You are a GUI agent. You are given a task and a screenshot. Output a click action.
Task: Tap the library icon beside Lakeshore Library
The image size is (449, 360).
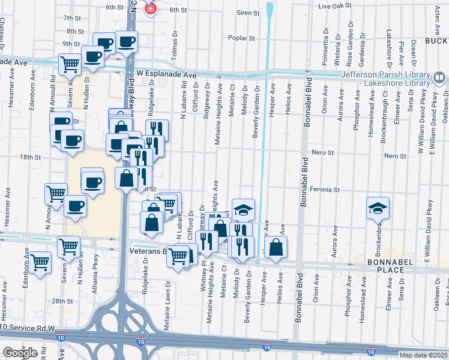(439, 77)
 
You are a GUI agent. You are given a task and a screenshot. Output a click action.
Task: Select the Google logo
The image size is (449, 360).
(20, 353)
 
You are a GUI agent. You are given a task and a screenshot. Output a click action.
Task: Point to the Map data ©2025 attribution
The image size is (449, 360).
(423, 355)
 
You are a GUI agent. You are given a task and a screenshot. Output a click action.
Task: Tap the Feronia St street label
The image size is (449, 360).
(325, 190)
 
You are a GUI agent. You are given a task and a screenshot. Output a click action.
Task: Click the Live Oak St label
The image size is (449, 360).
(334, 6)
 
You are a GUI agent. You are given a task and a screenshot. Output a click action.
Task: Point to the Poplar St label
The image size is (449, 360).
(242, 38)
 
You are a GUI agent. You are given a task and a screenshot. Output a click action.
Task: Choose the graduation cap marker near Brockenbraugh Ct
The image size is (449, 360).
(378, 208)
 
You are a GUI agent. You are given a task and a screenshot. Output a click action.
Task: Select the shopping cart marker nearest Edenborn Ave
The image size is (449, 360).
(40, 263)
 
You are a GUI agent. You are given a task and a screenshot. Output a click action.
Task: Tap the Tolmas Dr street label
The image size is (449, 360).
(175, 41)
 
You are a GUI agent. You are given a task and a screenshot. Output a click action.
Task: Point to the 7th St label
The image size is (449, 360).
(71, 19)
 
